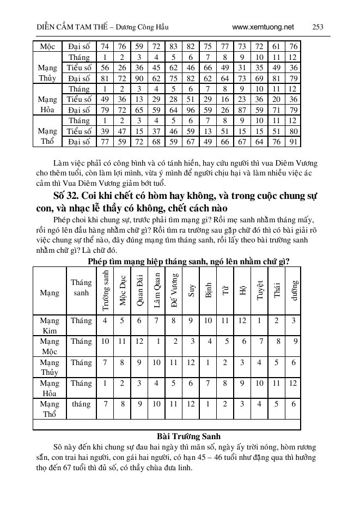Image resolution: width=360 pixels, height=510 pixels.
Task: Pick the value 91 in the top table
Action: tap(294, 141)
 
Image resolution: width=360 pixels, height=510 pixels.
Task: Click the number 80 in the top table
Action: tap(294, 131)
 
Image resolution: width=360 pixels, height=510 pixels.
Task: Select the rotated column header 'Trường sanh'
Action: tap(106, 290)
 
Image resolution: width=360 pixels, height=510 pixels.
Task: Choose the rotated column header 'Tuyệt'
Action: tap(260, 290)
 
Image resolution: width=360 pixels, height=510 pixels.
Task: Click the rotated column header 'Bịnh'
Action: tap(209, 290)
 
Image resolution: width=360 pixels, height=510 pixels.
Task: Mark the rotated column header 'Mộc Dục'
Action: tap(123, 290)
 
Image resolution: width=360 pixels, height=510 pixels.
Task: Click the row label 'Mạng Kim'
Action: tap(50, 326)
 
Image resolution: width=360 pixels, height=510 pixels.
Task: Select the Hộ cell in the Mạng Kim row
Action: tap(242, 321)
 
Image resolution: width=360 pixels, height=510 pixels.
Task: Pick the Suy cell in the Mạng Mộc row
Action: tap(192, 342)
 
